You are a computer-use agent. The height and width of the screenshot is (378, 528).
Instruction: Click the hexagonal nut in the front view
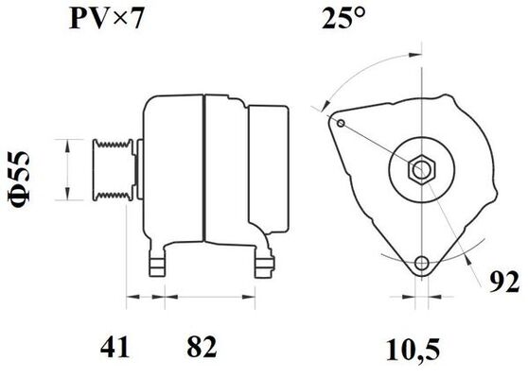[x=418, y=170]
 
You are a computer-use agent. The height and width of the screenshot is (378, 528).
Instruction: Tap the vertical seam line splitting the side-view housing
[x=203, y=170]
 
